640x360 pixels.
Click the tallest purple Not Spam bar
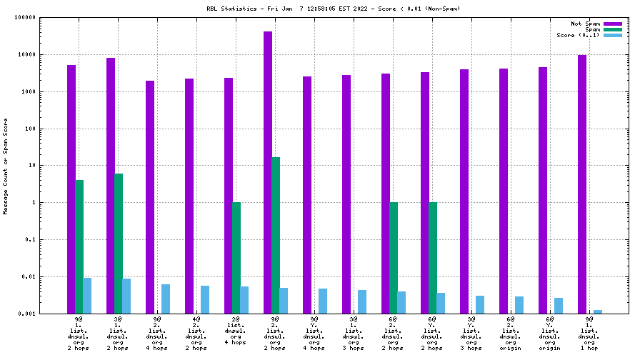pyautogui.click(x=268, y=171)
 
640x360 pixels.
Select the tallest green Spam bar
pyautogui.click(x=276, y=235)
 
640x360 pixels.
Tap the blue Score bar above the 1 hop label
pyautogui.click(x=598, y=311)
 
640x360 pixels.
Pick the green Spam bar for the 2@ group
pyautogui.click(x=236, y=257)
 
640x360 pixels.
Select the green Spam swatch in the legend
pyautogui.click(x=613, y=29)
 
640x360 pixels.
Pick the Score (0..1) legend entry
pyautogui.click(x=578, y=35)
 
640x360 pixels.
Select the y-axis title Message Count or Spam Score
pyautogui.click(x=6, y=166)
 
